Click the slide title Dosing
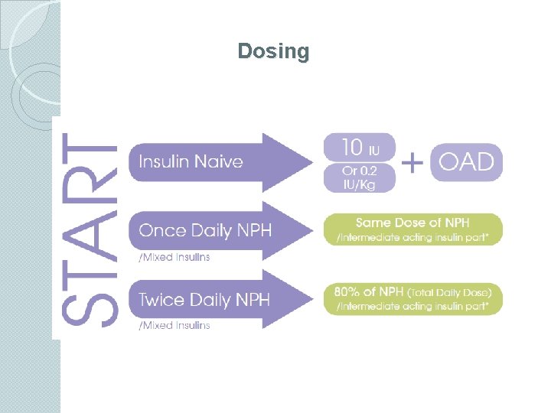pyautogui.click(x=273, y=51)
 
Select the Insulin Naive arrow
pyautogui.click(x=219, y=161)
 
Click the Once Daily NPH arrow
pyautogui.click(x=219, y=230)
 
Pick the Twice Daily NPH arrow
pyautogui.click(x=219, y=299)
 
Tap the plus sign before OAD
pyautogui.click(x=412, y=162)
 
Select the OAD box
pyautogui.click(x=466, y=161)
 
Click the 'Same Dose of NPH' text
pyautogui.click(x=413, y=223)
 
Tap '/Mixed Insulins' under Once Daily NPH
pyautogui.click(x=174, y=257)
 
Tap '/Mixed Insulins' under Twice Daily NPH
pyautogui.click(x=174, y=325)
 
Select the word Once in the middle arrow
pyautogui.click(x=162, y=230)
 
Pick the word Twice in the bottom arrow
pyautogui.click(x=163, y=299)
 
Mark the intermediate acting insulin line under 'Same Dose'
pyautogui.click(x=413, y=238)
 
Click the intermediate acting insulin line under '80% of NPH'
pyautogui.click(x=413, y=307)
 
